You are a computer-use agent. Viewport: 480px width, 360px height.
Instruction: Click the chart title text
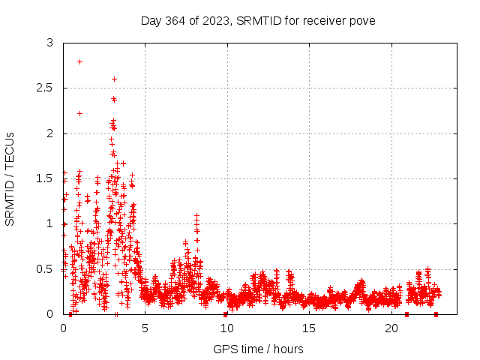(258, 20)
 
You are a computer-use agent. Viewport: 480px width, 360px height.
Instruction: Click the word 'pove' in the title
(361, 20)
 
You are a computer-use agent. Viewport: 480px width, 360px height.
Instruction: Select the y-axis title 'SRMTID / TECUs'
(10, 178)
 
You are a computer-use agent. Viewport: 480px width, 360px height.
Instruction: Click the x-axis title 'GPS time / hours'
(258, 349)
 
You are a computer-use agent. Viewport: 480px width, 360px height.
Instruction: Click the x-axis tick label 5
(145, 328)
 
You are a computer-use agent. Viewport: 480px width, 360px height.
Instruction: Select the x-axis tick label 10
(227, 328)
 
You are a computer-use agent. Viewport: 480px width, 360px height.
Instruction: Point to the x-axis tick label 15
(310, 328)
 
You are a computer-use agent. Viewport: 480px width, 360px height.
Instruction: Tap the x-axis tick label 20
(391, 328)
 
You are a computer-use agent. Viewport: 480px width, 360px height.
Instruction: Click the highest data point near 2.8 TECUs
(79, 61)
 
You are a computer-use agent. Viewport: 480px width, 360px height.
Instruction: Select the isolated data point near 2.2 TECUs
(79, 113)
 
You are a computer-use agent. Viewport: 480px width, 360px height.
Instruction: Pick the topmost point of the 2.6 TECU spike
(114, 79)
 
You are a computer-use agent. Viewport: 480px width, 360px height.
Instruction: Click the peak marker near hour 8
(196, 215)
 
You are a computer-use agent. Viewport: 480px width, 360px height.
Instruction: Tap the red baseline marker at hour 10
(225, 314)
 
